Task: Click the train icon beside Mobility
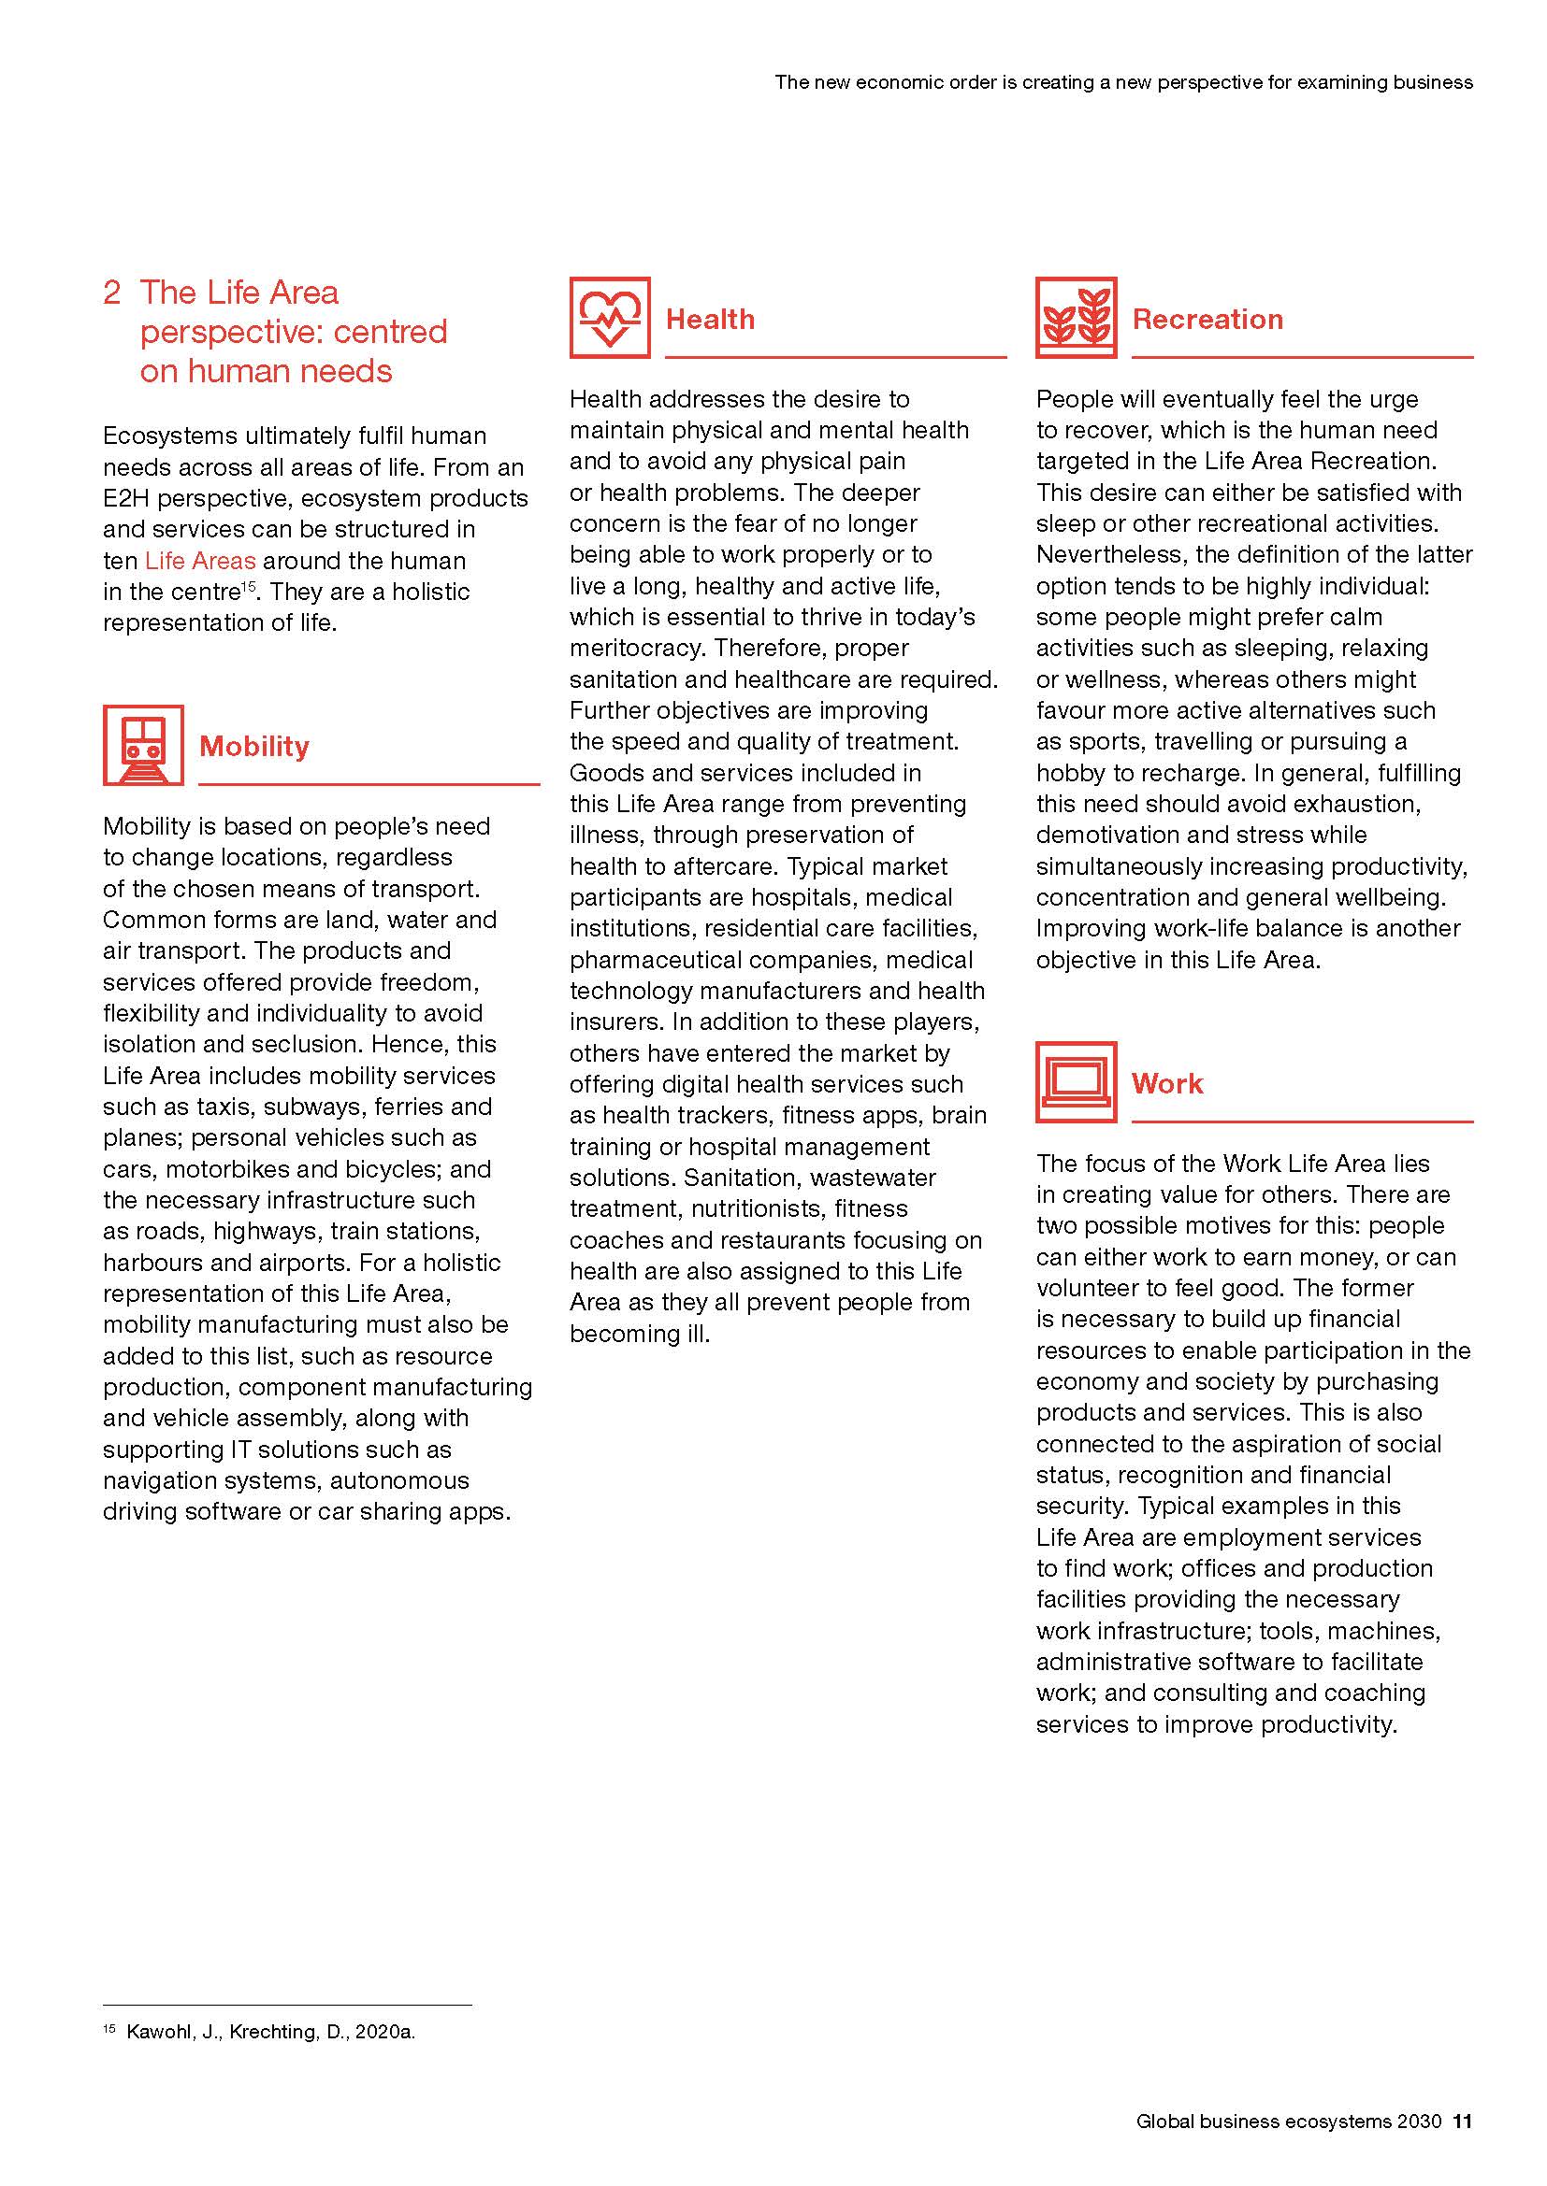[143, 746]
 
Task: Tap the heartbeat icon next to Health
[610, 318]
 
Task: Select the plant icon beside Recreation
[1077, 318]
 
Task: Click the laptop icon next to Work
[1077, 1082]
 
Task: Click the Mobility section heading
[254, 747]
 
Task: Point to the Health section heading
[710, 319]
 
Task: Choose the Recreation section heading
[1207, 319]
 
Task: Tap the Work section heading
[1167, 1083]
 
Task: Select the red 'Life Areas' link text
[200, 561]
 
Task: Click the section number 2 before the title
[111, 293]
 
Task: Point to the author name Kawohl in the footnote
[158, 2032]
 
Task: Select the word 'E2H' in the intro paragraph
[126, 498]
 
